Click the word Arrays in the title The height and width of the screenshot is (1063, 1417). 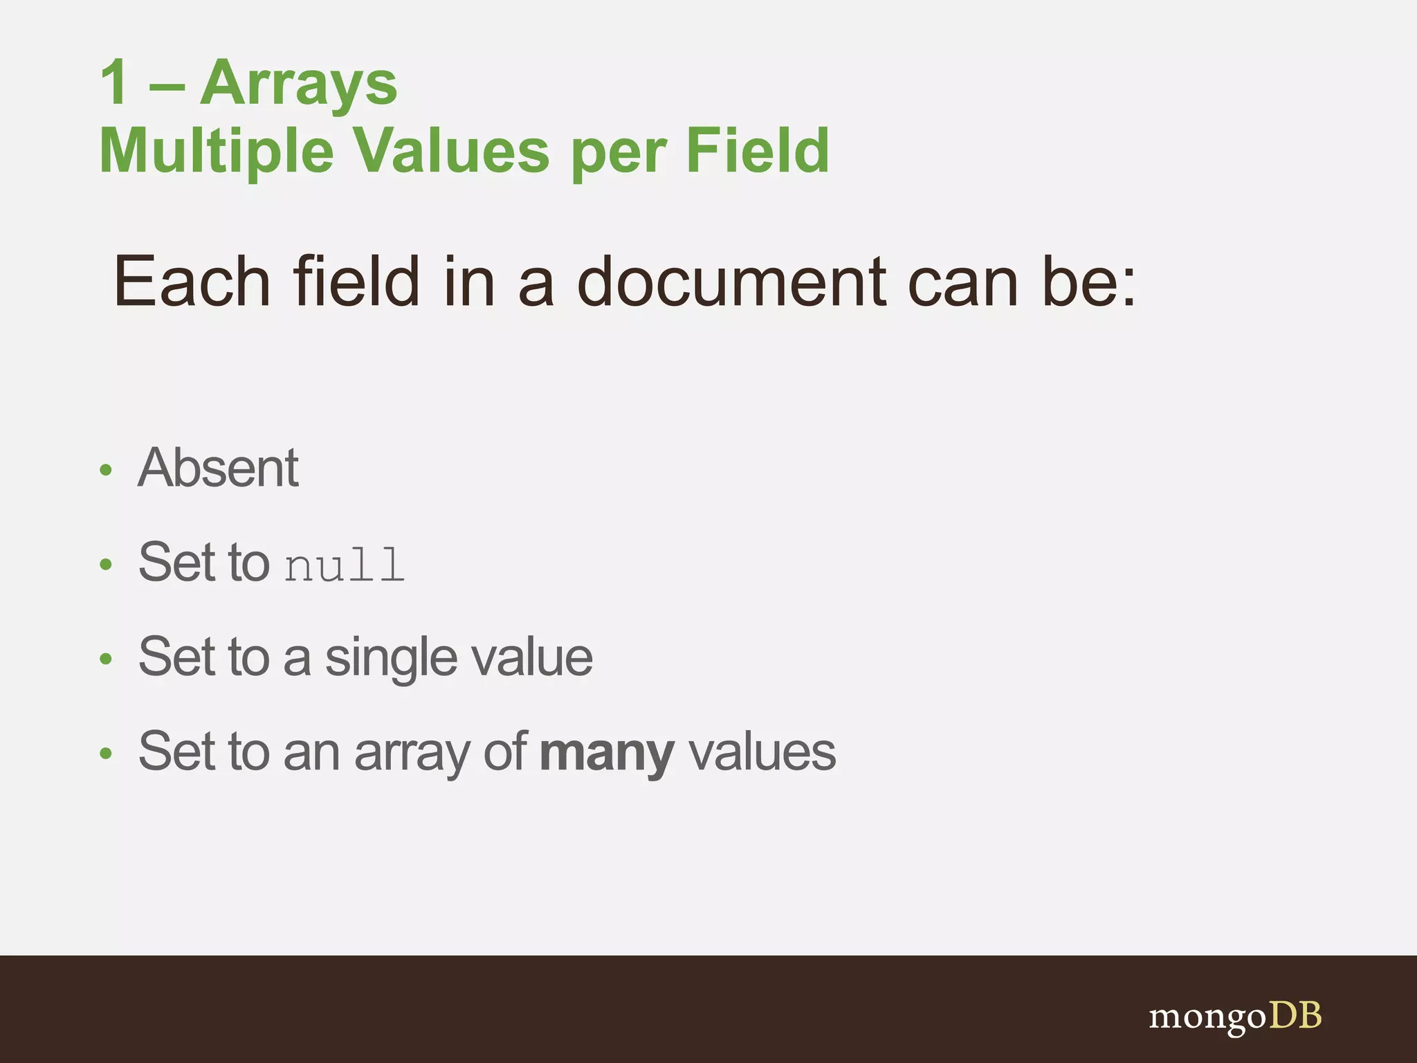[x=298, y=83]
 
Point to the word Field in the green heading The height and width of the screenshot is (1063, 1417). [x=758, y=151]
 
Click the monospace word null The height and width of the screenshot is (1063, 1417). [x=344, y=565]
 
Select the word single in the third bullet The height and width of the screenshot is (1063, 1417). [x=391, y=657]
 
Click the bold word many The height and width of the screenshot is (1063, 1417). [x=606, y=752]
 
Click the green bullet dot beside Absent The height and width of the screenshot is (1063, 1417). [x=105, y=471]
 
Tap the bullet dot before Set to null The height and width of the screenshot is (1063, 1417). [x=105, y=565]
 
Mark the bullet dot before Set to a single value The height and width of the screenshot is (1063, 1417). [x=105, y=659]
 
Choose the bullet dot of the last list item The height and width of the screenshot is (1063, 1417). [x=105, y=754]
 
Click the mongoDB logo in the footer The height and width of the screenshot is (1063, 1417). [x=1235, y=1017]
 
